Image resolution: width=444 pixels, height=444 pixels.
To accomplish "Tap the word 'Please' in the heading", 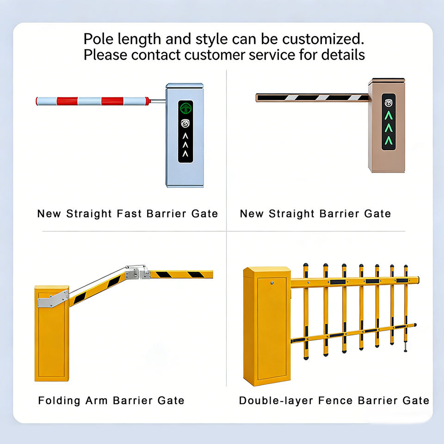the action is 105,55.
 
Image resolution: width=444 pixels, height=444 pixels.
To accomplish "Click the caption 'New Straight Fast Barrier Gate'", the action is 127,214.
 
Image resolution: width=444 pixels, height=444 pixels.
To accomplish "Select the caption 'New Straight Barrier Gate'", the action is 315,214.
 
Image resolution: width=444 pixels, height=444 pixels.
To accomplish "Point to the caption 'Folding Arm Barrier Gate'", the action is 111,401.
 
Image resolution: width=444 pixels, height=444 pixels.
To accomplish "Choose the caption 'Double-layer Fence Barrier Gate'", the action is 334,401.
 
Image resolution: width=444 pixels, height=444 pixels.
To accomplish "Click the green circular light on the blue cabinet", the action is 185,108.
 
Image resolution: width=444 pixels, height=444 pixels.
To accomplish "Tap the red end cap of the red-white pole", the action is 148,100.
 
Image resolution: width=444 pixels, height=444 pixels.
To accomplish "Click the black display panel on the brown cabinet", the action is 388,122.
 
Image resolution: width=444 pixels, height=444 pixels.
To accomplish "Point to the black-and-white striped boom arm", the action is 312,98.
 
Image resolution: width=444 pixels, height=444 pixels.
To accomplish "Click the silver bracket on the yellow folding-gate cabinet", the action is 52,298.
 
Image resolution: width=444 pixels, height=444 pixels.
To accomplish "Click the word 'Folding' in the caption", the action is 59,401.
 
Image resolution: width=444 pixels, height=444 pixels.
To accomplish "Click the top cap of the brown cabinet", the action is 387,81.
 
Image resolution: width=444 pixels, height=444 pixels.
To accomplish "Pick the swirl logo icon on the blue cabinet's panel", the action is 185,123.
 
